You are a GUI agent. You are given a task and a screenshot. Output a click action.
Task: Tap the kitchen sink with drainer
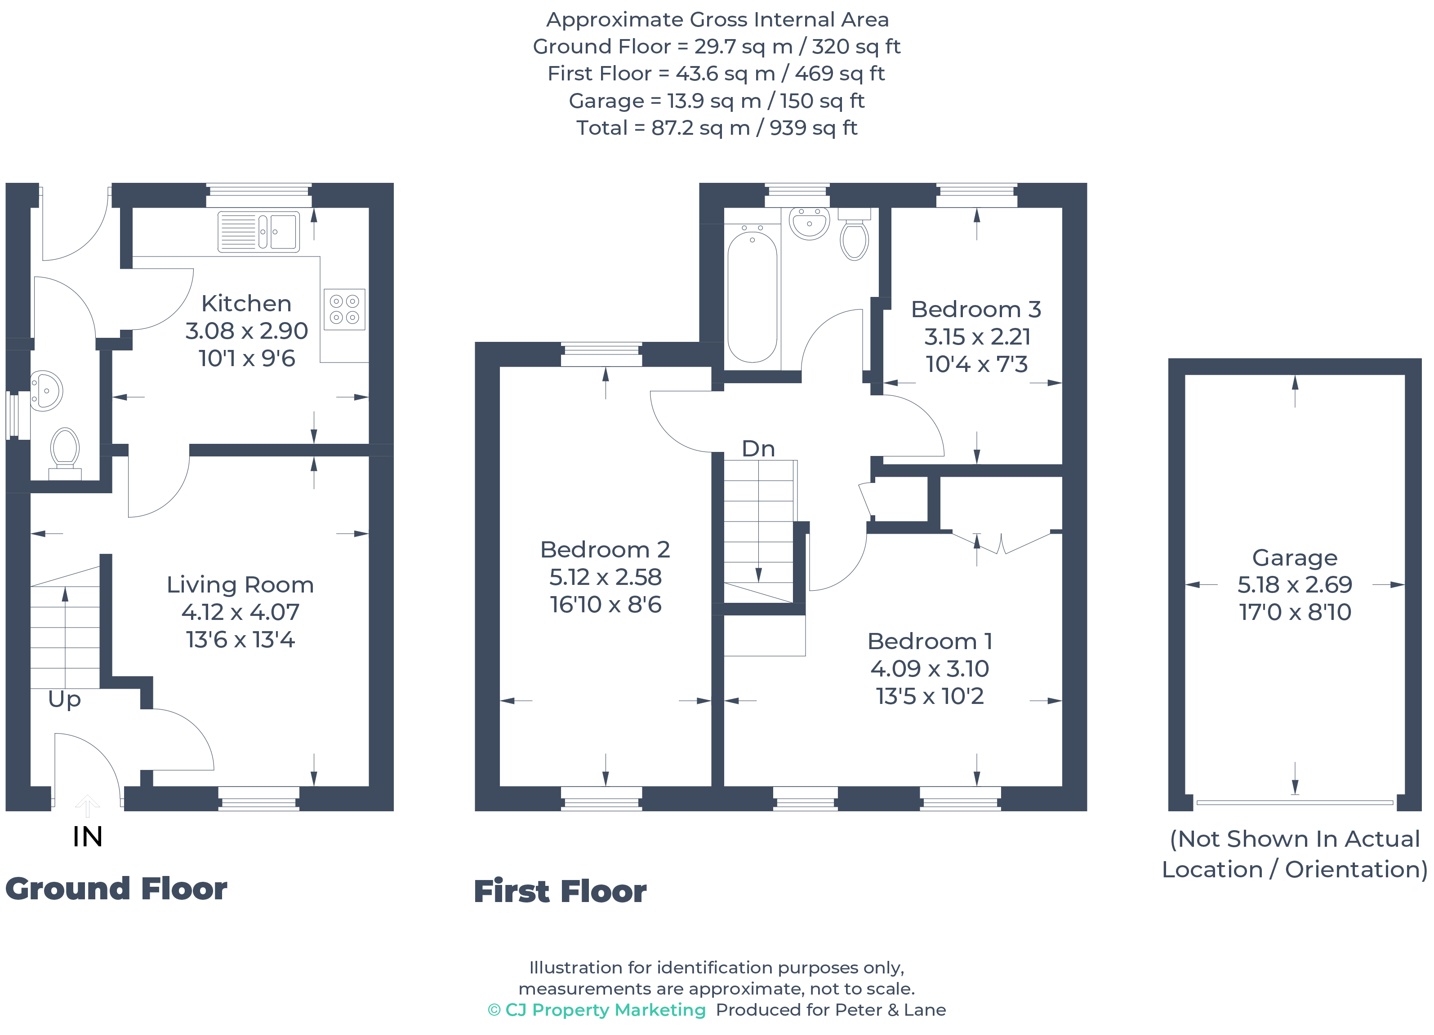tap(258, 232)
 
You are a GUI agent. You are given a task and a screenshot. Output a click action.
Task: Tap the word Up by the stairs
tap(64, 699)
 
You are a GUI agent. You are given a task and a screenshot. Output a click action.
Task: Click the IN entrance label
tap(87, 836)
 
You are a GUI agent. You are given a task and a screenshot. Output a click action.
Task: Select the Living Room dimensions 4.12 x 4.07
tap(240, 612)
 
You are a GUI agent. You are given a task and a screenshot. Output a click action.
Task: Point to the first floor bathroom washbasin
tap(809, 223)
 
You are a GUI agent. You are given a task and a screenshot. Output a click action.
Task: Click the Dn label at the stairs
tap(758, 449)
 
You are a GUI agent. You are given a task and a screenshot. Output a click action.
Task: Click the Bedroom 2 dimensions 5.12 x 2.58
tap(605, 577)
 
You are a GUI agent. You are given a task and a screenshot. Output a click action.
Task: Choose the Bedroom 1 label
tap(930, 641)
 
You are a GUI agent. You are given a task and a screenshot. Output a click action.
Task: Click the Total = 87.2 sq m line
tap(717, 128)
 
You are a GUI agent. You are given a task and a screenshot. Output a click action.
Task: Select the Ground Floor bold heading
tap(116, 889)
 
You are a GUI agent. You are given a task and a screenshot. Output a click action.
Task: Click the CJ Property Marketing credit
tap(597, 1010)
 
